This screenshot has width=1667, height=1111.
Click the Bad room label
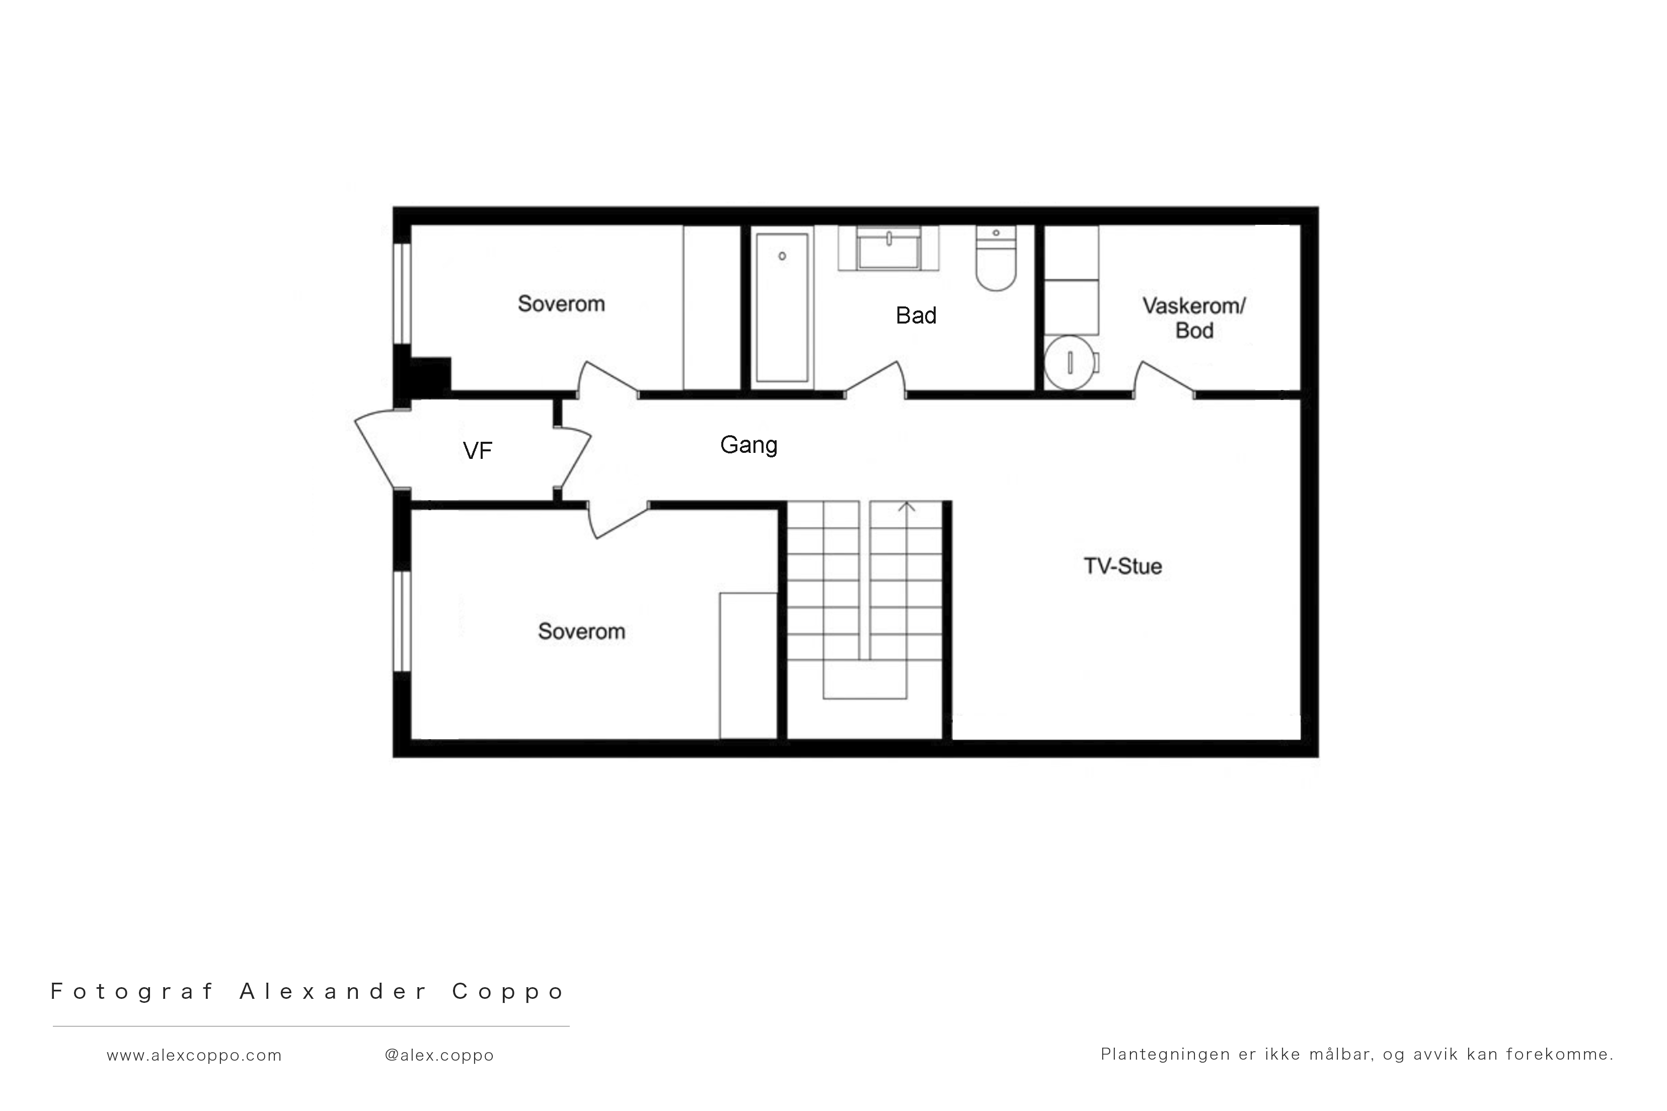(916, 315)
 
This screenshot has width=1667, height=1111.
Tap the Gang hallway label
(748, 445)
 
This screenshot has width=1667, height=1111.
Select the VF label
(477, 451)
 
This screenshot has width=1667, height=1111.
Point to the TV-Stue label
(1123, 566)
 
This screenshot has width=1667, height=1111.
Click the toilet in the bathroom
(996, 259)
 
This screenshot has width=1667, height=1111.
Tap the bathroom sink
(889, 248)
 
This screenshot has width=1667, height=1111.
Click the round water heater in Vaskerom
(1070, 363)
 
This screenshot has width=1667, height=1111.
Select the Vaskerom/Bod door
(1165, 379)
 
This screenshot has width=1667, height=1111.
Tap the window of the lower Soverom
(402, 621)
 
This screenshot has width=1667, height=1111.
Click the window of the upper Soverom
(402, 293)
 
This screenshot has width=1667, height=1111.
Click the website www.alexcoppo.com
(194, 1055)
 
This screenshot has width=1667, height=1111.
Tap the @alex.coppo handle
(439, 1055)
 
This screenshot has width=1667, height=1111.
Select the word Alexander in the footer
(333, 991)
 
